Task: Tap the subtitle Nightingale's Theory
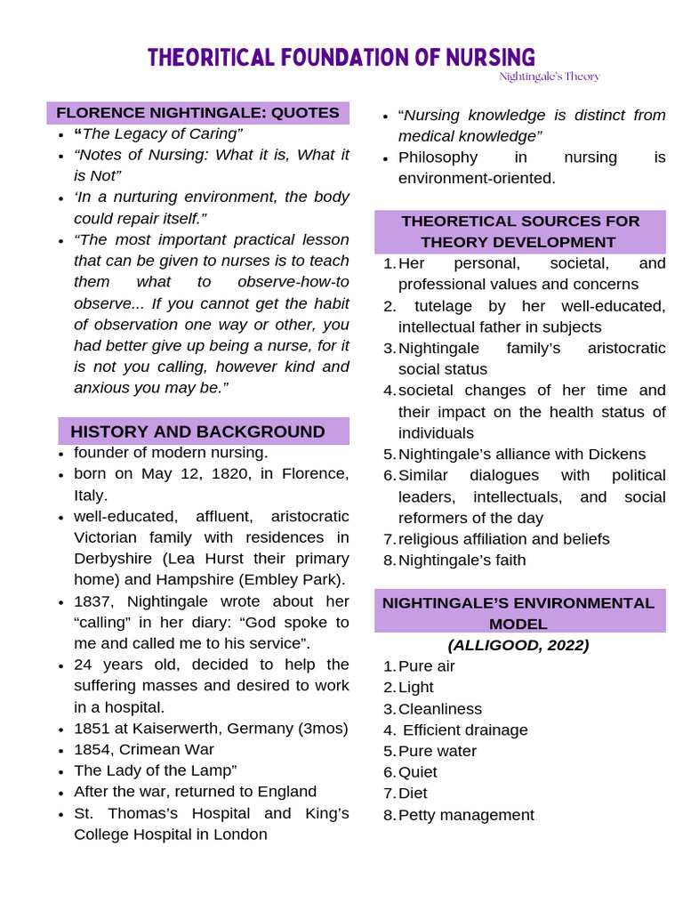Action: tap(549, 77)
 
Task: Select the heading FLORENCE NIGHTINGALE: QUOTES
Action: tap(197, 113)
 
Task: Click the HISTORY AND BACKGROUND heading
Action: tap(197, 431)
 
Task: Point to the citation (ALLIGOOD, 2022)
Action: tap(518, 645)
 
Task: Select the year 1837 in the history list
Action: tap(93, 601)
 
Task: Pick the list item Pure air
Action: tap(426, 666)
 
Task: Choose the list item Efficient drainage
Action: tap(465, 730)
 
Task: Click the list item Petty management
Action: tap(466, 815)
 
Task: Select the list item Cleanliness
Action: tap(439, 709)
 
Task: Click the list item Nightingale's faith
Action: tap(462, 560)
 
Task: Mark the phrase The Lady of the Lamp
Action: tap(154, 770)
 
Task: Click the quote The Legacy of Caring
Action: tap(161, 133)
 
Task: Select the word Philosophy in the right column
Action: tap(438, 157)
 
